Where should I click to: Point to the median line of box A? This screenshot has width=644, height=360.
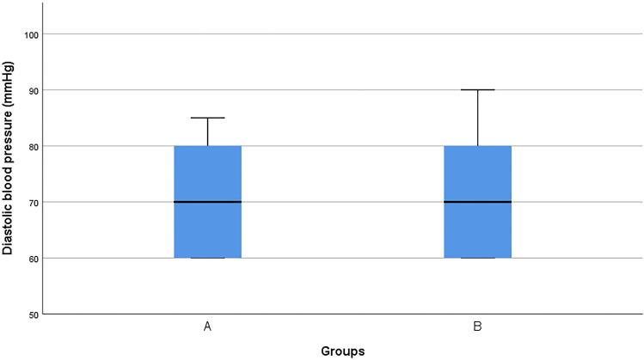pos(207,202)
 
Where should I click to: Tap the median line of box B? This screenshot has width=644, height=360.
pos(477,202)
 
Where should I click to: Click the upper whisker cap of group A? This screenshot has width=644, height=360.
pos(207,118)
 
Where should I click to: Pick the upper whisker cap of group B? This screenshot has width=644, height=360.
pos(477,89)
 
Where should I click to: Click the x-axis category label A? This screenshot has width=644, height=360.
pos(207,327)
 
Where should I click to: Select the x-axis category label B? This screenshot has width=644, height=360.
pos(477,327)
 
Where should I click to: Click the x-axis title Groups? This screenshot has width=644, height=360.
pos(341,351)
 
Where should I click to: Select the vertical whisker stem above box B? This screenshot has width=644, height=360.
pos(477,118)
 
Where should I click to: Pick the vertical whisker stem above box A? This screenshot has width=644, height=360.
pos(207,131)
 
